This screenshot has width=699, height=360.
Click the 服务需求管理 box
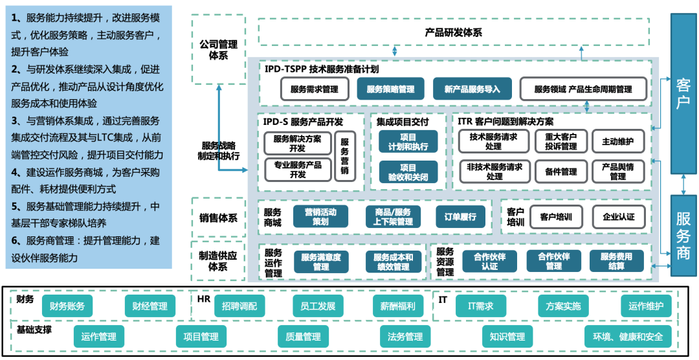click(315, 89)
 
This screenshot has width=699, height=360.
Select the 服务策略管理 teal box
click(390, 89)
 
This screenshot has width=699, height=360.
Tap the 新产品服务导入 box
click(472, 89)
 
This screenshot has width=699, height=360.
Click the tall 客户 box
click(683, 93)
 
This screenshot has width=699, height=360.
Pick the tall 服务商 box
click(683, 234)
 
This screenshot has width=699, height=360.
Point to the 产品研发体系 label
click(453, 32)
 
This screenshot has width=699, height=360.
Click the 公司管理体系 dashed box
click(219, 49)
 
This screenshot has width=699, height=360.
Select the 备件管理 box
click(560, 171)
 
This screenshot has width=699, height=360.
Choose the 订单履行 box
click(460, 217)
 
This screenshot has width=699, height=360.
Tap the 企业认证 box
click(618, 217)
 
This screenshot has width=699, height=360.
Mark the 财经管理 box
click(150, 306)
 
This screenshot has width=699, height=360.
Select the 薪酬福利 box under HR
click(399, 306)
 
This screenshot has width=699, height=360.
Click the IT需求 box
click(480, 306)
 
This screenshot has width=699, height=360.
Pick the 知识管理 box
click(507, 337)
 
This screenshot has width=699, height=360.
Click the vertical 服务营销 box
click(344, 156)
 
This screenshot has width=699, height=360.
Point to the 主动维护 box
click(617, 141)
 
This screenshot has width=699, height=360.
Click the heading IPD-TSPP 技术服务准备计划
click(322, 69)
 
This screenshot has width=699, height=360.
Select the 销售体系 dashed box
click(219, 218)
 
